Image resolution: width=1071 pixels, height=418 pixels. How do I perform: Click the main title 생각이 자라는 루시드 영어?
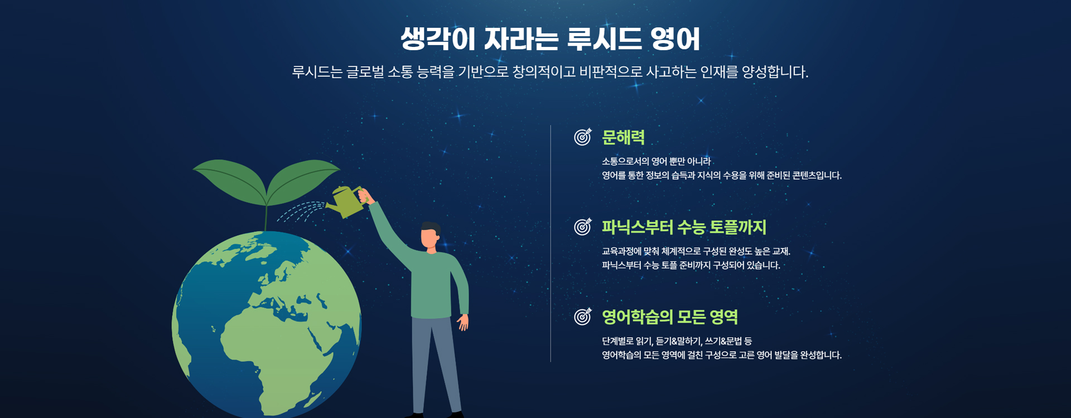tap(550, 38)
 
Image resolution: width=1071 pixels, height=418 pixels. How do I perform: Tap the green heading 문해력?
tap(623, 137)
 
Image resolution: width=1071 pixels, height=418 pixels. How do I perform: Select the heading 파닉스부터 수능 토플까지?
tap(684, 227)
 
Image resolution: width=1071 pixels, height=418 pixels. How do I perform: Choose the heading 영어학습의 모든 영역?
tap(670, 317)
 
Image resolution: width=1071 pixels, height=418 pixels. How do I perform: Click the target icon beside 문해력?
tap(582, 137)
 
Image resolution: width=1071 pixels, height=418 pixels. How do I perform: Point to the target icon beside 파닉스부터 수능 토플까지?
tap(582, 227)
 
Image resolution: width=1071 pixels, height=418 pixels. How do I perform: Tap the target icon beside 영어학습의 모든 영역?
tap(582, 317)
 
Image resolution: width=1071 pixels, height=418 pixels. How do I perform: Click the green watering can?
tap(346, 202)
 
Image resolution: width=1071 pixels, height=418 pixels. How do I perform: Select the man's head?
tap(431, 235)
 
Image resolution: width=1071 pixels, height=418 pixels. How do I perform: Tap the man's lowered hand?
tap(462, 322)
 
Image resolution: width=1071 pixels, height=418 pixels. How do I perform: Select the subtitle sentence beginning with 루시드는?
tap(550, 72)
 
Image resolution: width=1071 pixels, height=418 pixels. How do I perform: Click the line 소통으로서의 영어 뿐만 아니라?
tap(657, 162)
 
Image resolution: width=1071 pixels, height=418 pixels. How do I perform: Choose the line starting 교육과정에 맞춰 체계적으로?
tap(696, 251)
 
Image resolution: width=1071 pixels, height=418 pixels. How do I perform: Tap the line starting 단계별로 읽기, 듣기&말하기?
tap(677, 341)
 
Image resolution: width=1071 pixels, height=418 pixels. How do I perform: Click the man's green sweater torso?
tap(431, 285)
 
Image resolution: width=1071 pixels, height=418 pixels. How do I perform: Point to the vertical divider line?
tap(551, 244)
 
